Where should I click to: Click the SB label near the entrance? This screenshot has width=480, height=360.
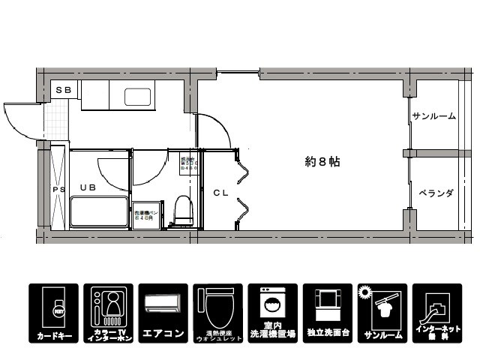click(x=64, y=90)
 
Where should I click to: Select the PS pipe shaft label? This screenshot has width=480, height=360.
click(x=58, y=190)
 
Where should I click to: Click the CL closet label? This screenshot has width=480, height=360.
click(x=220, y=192)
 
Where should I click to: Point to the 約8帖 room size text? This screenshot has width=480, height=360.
click(x=322, y=161)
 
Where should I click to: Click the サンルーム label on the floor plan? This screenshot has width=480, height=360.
click(x=433, y=116)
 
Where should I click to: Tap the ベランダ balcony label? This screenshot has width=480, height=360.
click(x=435, y=193)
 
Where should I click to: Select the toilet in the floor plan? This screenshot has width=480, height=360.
click(x=181, y=211)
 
